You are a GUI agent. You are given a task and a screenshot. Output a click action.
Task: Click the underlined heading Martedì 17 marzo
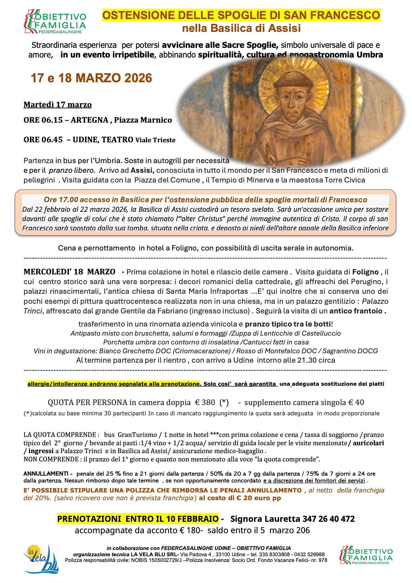[x=58, y=105]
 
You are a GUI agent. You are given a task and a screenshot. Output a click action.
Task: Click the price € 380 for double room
[x=205, y=403]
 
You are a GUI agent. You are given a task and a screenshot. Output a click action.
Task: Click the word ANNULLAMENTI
[x=46, y=474]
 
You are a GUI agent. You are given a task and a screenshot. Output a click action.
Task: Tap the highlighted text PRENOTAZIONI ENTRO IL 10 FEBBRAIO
[x=138, y=519]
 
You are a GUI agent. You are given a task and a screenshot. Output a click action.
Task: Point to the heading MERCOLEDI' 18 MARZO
[x=69, y=272]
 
